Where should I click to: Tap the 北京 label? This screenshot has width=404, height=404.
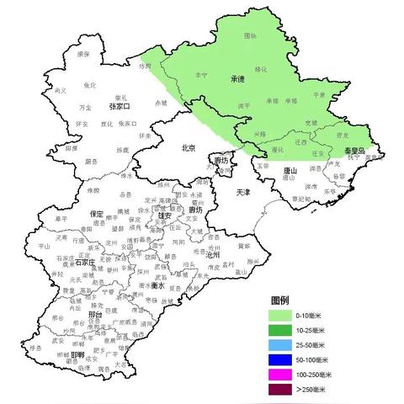[189, 148]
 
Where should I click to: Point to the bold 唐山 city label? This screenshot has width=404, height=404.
[290, 170]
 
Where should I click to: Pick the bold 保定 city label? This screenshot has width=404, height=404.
[97, 214]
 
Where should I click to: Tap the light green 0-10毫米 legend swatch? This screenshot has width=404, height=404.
[281, 314]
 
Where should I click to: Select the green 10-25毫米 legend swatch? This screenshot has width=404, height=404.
[281, 329]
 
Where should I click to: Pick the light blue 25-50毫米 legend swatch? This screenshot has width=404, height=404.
[281, 344]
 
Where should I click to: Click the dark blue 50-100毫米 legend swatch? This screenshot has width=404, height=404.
[281, 359]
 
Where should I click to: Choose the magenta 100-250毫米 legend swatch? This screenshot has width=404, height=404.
[281, 375]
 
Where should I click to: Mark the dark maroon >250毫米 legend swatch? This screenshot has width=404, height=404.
[281, 390]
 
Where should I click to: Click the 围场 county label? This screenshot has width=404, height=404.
[250, 36]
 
